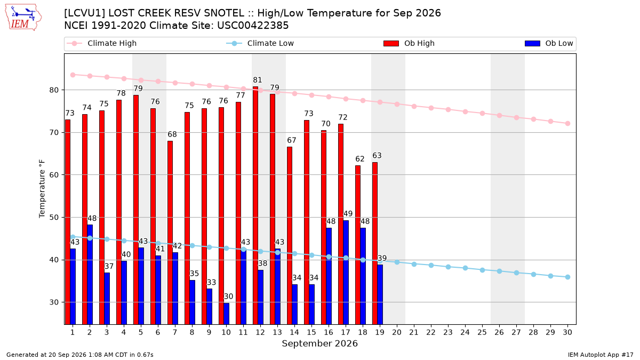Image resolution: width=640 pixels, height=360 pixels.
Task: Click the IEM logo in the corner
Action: [23, 18]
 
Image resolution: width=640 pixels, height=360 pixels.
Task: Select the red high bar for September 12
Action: [255, 205]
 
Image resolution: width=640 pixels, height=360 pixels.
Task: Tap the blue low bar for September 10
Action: [226, 314]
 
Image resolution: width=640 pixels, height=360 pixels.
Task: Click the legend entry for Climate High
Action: [102, 43]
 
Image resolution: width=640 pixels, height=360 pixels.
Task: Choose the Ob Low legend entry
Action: [549, 43]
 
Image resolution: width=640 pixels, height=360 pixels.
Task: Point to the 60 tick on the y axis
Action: [54, 175]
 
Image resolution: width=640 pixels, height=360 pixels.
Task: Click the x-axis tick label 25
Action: [482, 332]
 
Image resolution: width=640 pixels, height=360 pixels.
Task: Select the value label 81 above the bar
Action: [257, 80]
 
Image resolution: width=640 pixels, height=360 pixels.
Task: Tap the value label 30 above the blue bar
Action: [228, 297]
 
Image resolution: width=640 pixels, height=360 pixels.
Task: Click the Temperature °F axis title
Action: [42, 189]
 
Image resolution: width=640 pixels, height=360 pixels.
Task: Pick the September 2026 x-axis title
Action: [319, 343]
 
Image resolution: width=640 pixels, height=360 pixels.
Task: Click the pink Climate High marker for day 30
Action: [567, 123]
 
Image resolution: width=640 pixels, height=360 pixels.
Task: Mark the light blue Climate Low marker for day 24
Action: [465, 268]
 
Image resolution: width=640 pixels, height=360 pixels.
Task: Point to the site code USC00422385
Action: [253, 26]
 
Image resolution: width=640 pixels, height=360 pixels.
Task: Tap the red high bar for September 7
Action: [170, 233]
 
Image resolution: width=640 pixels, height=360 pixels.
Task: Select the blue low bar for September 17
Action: [346, 273]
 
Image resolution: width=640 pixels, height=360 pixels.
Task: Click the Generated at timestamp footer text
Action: [79, 355]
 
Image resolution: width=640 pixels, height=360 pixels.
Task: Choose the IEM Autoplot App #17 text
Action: [601, 355]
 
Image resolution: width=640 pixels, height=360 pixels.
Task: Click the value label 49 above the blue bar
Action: [348, 214]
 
